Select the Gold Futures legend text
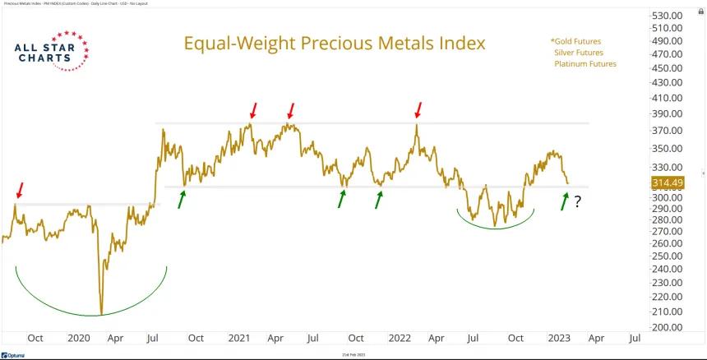click(x=575, y=40)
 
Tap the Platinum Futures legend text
click(x=585, y=63)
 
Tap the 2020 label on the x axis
click(x=79, y=338)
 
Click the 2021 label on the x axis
click(x=239, y=338)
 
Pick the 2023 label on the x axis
click(x=559, y=338)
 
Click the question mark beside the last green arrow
click(x=579, y=201)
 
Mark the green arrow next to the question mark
click(x=565, y=200)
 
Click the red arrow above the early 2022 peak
click(x=418, y=109)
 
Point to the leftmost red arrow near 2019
click(x=19, y=191)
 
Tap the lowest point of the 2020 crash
click(x=101, y=314)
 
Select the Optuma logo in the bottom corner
click(x=15, y=354)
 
